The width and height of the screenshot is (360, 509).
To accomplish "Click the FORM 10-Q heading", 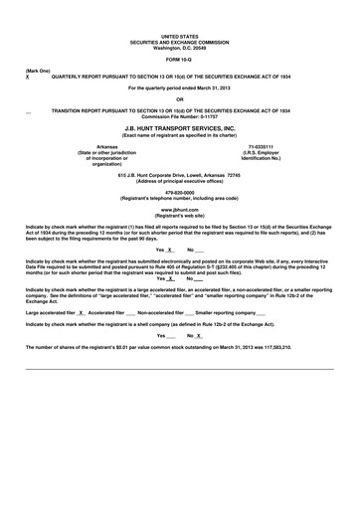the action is [180, 60].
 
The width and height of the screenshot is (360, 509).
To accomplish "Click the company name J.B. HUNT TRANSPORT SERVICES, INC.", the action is [180, 128].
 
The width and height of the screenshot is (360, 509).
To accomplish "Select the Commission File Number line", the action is [180, 116].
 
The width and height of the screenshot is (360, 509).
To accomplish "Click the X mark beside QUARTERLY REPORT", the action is [27, 77].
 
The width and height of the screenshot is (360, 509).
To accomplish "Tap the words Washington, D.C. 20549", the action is [180, 47].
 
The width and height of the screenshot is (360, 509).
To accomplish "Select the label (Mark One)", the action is [38, 72].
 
